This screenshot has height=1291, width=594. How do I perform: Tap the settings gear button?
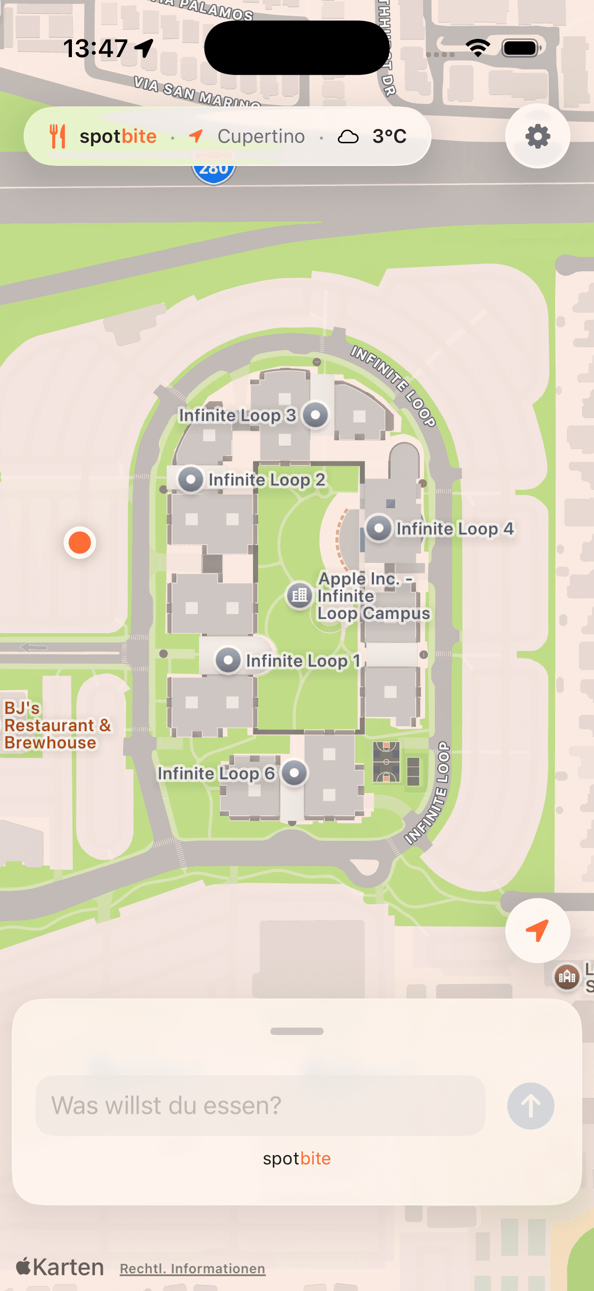point(537,136)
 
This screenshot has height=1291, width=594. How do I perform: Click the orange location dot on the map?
point(80,542)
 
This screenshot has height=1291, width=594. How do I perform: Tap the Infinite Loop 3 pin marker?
point(315,415)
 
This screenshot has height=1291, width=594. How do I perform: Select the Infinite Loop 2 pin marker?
point(191,480)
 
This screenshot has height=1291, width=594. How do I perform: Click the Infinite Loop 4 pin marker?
point(379,528)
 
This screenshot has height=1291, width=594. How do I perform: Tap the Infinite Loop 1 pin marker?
point(228,660)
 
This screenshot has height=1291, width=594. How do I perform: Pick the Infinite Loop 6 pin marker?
point(294,773)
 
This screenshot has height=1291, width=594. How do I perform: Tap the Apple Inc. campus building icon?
point(299,595)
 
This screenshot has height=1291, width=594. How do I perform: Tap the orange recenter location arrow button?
point(537,930)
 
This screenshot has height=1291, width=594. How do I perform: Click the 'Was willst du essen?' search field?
point(260,1105)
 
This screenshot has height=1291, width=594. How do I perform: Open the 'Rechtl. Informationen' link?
point(193,1268)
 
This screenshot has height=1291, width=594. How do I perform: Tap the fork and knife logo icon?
point(58,136)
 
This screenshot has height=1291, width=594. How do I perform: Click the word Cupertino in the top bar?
point(261,136)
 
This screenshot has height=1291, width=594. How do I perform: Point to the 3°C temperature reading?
point(389,136)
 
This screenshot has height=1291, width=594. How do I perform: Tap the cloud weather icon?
point(348,136)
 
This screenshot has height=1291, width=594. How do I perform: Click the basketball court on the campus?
point(387,762)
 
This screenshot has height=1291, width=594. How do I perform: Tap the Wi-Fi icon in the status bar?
point(477,48)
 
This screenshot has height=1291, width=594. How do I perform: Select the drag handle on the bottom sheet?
point(297,1032)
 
